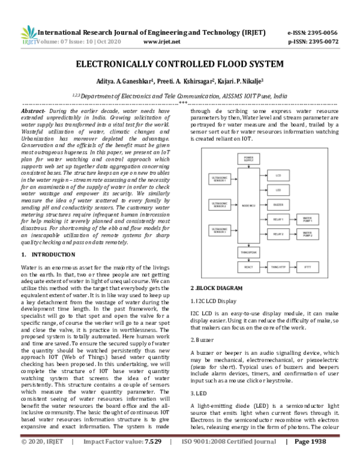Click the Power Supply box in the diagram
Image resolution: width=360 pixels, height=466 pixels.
pos(248,159)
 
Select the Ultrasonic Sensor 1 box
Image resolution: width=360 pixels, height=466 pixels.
pos(218,180)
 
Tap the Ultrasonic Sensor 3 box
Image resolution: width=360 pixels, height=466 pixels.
pos(218,230)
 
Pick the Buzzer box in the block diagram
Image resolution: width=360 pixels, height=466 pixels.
pos(278,205)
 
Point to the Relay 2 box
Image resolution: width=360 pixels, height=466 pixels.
pos(278,234)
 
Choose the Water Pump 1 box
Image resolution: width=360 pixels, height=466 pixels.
pos(307,219)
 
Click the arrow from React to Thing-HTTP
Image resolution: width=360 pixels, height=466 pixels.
pos(263,264)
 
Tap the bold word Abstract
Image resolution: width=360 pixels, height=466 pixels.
pos(32,112)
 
